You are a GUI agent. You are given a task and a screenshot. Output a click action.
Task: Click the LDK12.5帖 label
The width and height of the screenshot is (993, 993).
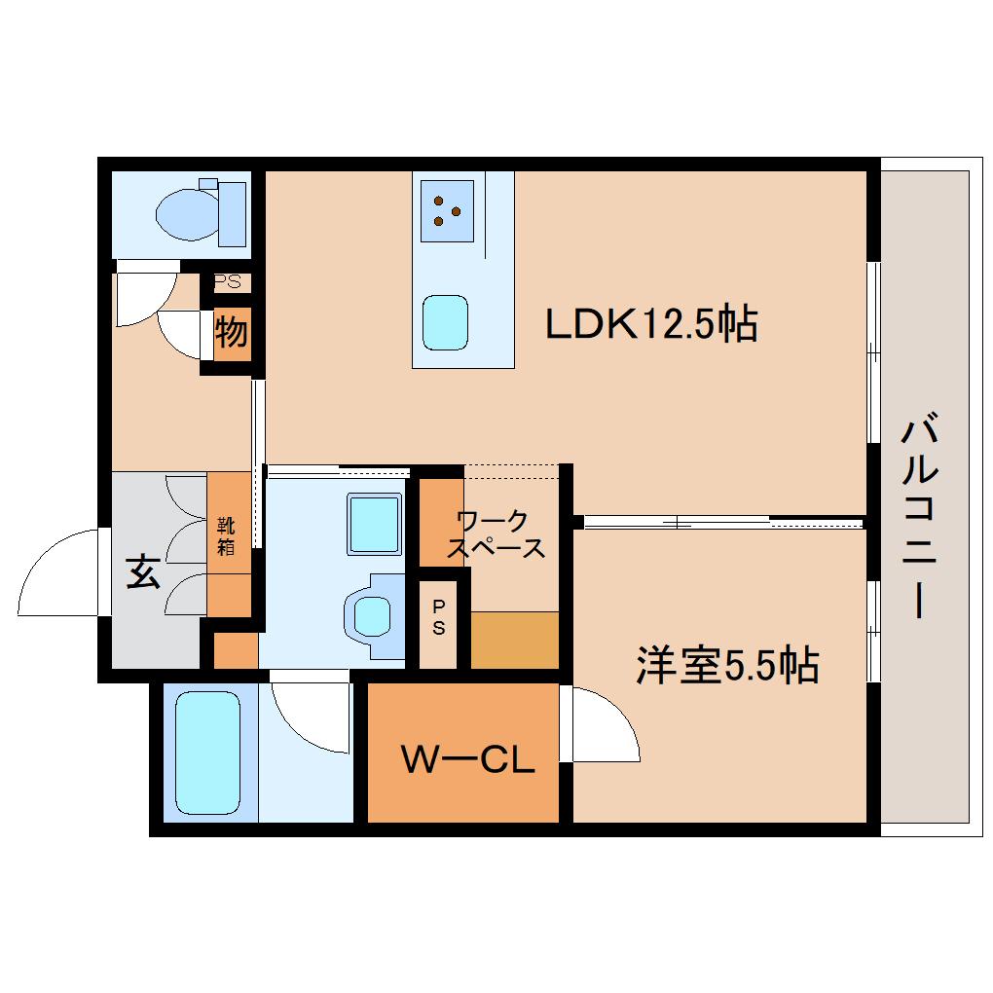[651, 323]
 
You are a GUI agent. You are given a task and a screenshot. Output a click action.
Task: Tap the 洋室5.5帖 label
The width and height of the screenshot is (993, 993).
[727, 665]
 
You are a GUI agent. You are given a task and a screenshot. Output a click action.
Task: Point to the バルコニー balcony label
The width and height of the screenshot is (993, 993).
[919, 515]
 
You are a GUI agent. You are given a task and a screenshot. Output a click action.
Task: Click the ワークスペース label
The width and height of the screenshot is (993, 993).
[496, 533]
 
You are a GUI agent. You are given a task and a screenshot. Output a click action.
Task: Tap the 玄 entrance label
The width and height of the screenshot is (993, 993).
[143, 571]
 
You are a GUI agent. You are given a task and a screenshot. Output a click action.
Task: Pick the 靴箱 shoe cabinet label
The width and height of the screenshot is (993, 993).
[226, 536]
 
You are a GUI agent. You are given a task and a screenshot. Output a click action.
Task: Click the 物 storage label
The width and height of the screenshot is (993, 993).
[231, 332]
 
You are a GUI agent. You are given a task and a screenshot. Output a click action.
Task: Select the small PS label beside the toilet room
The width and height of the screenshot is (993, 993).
[228, 281]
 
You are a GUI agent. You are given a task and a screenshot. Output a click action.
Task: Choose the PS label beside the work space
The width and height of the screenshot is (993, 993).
[438, 617]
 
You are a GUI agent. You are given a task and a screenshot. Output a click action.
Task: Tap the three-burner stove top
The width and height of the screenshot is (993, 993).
[447, 211]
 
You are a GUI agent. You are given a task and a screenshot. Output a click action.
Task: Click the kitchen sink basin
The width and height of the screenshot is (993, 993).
[445, 322]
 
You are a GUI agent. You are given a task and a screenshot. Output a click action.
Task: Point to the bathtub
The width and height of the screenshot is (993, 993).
[207, 753]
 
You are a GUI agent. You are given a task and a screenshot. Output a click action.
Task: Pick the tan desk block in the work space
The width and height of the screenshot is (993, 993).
[515, 640]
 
